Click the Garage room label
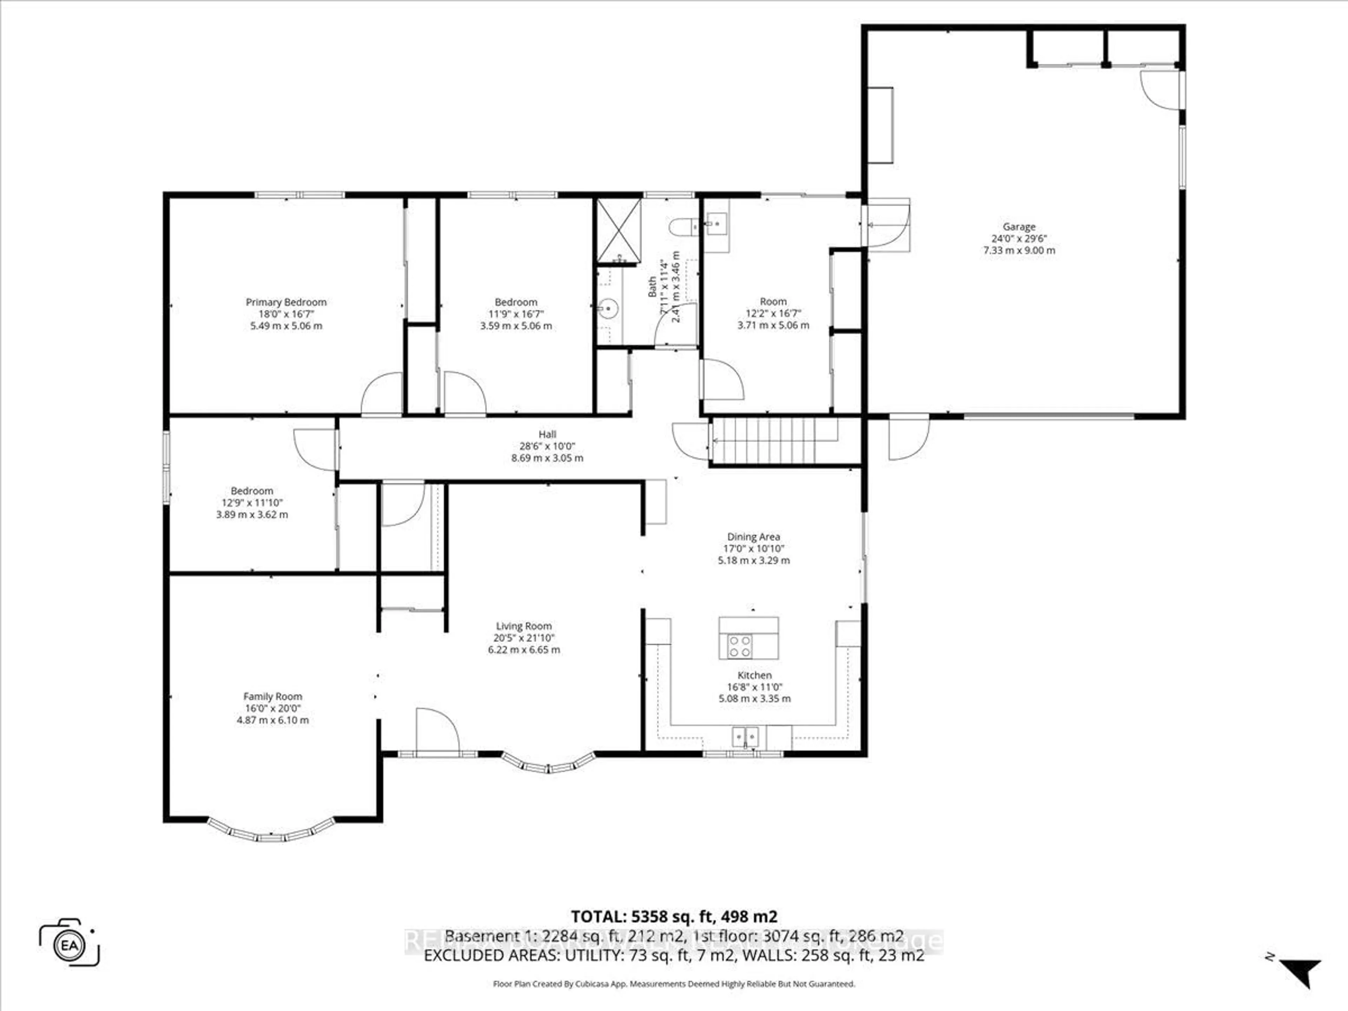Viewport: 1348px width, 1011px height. click(1019, 227)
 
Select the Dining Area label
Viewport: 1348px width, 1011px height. click(753, 537)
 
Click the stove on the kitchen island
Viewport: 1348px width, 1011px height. click(740, 646)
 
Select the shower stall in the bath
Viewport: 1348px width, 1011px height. click(619, 229)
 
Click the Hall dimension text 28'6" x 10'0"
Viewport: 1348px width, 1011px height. click(547, 446)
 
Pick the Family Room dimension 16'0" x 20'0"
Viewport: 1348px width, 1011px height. click(272, 708)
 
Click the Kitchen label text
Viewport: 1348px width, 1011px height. click(754, 675)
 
